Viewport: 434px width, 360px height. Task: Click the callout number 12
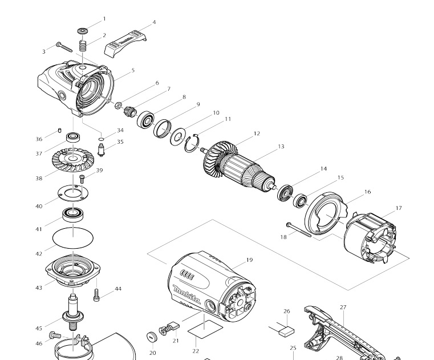257,134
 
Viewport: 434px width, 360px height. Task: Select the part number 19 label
249,260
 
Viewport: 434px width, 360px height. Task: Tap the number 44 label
118,289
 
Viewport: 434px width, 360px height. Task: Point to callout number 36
39,139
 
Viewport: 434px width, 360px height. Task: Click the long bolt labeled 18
303,229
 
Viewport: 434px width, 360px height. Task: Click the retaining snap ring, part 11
193,143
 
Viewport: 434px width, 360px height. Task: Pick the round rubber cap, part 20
152,336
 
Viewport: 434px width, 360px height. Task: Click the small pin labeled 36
59,132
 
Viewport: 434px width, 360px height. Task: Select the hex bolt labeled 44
97,296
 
